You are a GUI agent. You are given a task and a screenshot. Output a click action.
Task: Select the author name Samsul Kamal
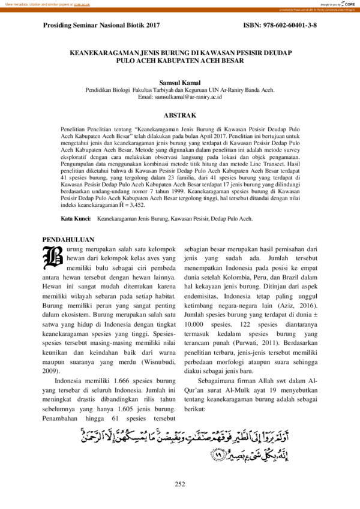[180, 83]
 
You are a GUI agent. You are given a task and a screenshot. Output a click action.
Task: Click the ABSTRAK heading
[180, 115]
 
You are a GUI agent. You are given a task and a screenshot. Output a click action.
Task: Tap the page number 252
[180, 484]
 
